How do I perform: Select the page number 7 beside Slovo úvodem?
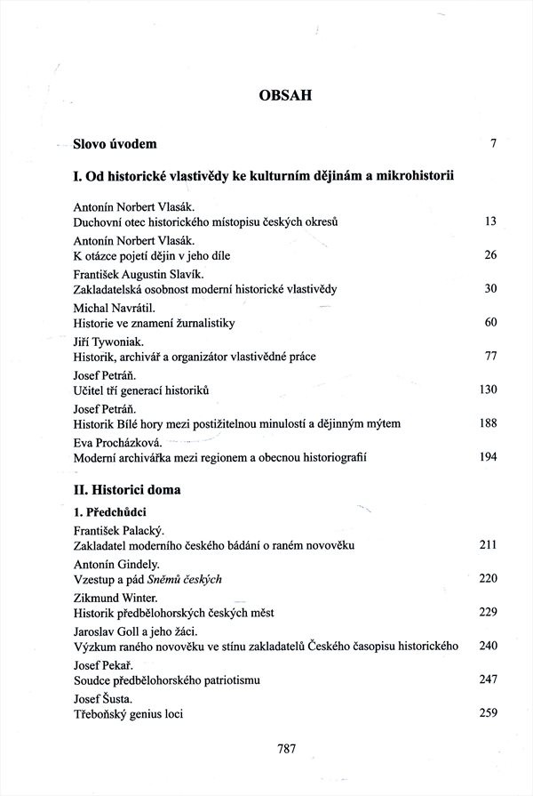(x=492, y=143)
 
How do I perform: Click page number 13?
(x=489, y=221)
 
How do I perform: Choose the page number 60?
(x=489, y=322)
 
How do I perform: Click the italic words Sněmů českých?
(x=189, y=579)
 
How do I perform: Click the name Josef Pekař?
(x=103, y=663)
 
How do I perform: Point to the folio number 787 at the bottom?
(x=285, y=749)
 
